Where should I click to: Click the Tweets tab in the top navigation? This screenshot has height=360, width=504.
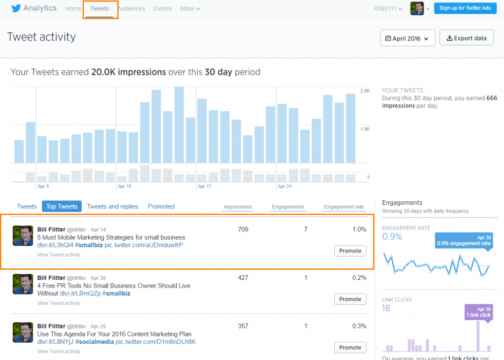[99, 9]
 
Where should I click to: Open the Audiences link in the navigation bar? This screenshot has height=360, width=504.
[131, 9]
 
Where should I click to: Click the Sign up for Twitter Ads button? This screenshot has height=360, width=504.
[465, 8]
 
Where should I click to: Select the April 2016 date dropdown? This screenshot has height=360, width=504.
[408, 38]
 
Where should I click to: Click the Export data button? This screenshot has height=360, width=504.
[466, 38]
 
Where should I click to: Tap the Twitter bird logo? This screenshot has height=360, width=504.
[16, 8]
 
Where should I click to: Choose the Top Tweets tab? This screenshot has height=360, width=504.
[62, 207]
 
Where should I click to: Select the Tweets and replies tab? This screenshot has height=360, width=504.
[113, 207]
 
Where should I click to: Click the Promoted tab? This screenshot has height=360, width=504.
[161, 207]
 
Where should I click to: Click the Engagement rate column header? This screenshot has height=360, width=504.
[344, 207]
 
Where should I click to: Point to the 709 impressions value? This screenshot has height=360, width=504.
[243, 229]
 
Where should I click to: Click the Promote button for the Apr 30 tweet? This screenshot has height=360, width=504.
[350, 299]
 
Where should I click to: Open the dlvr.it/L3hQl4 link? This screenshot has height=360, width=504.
[55, 245]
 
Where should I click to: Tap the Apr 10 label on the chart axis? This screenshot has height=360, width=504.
[125, 187]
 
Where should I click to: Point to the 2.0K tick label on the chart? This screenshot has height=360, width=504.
[365, 91]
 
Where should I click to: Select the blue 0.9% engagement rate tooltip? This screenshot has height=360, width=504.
[465, 240]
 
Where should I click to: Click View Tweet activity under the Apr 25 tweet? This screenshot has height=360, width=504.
[59, 351]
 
